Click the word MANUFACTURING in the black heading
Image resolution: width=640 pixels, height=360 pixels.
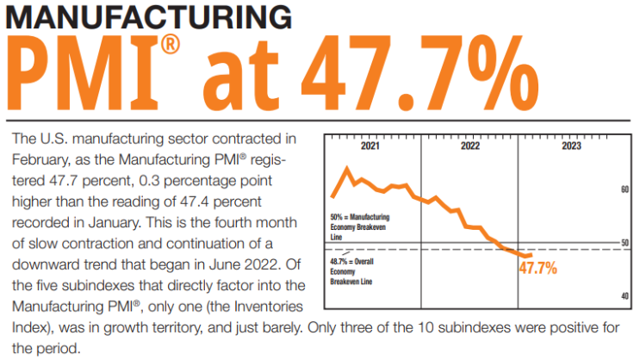pyautogui.click(x=149, y=17)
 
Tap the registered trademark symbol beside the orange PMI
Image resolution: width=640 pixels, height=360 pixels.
pyautogui.click(x=170, y=44)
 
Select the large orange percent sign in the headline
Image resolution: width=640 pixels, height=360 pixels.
pyautogui.click(x=503, y=72)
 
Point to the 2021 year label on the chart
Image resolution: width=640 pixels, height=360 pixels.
pyautogui.click(x=370, y=146)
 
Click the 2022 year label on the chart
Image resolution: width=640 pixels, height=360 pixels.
pyautogui.click(x=470, y=146)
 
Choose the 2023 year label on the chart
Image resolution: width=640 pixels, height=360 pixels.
pyautogui.click(x=571, y=146)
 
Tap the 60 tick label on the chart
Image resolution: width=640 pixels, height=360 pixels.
pyautogui.click(x=624, y=189)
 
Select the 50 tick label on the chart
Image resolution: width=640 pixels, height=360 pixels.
pyautogui.click(x=624, y=243)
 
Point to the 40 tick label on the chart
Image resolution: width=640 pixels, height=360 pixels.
pyautogui.click(x=624, y=296)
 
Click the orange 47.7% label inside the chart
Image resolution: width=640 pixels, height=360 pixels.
pyautogui.click(x=538, y=268)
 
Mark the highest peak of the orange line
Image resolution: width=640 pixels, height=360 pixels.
pyautogui.click(x=347, y=167)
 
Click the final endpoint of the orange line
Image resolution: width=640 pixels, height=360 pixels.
pyautogui.click(x=531, y=255)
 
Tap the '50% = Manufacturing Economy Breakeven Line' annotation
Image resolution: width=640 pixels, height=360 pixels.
pyautogui.click(x=359, y=227)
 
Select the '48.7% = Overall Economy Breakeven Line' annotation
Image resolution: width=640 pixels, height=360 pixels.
pyautogui.click(x=351, y=271)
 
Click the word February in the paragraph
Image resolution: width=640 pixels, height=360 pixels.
pyautogui.click(x=40, y=159)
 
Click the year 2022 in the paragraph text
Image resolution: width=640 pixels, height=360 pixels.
pyautogui.click(x=261, y=264)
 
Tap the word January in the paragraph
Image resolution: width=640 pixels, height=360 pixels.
pyautogui.click(x=114, y=223)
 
